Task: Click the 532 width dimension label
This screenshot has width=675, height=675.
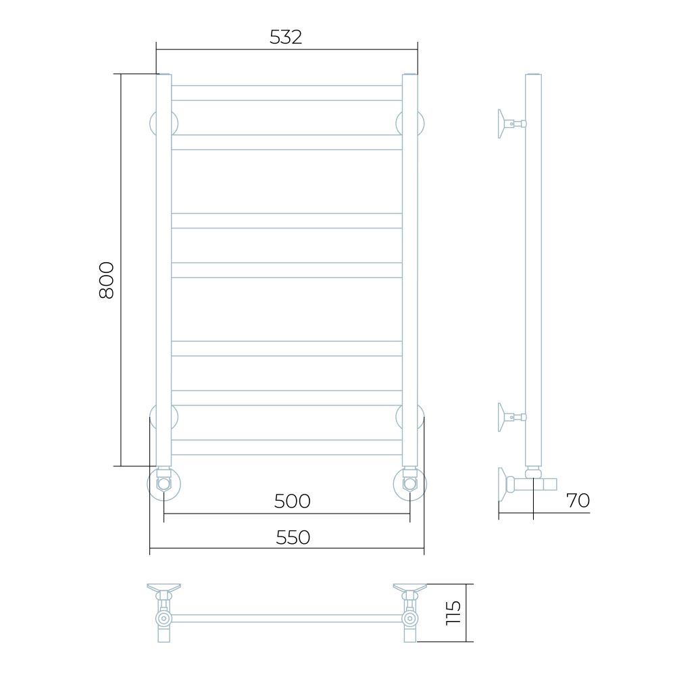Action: (x=286, y=37)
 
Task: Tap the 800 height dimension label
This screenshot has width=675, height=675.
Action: (x=106, y=280)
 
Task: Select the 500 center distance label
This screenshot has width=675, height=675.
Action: (x=293, y=501)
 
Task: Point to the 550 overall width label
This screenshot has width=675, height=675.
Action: (x=293, y=538)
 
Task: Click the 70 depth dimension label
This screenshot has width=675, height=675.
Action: (x=578, y=500)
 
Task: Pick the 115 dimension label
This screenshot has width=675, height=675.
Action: (x=453, y=613)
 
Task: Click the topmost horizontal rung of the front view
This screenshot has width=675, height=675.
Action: (x=286, y=93)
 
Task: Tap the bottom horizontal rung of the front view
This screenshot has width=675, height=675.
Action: (x=286, y=447)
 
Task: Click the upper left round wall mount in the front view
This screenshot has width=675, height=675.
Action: (x=164, y=124)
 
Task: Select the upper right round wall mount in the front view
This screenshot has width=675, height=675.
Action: (x=410, y=124)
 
